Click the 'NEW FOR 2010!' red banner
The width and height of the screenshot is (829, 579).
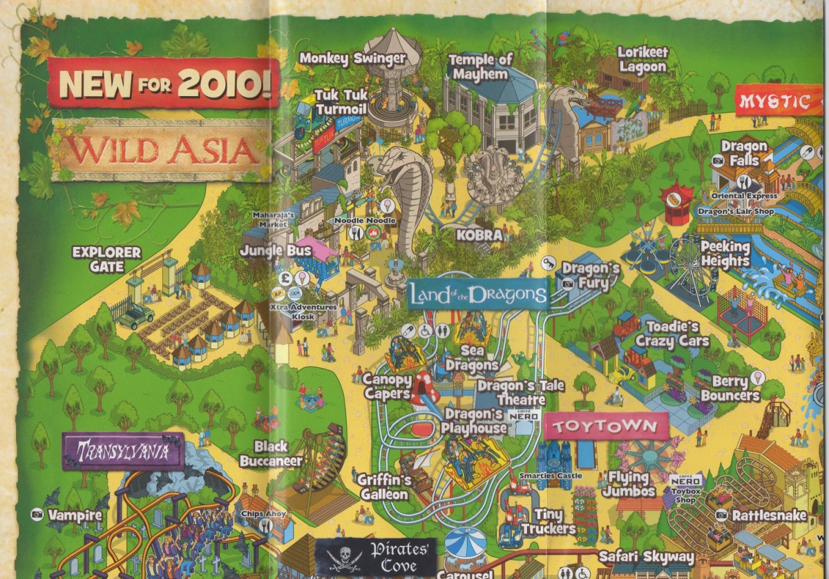point(164,81)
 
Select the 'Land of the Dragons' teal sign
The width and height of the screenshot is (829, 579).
point(477,295)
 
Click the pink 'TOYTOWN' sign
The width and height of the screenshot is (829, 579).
point(606,426)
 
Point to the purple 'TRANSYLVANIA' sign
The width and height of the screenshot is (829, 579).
point(123,451)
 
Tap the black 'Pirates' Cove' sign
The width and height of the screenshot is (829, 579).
point(376,556)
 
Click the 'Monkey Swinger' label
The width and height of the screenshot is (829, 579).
point(352,59)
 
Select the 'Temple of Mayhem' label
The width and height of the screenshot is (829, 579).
point(481,67)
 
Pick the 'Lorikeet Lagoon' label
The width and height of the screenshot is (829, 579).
point(642,60)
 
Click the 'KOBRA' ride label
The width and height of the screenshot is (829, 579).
point(479,235)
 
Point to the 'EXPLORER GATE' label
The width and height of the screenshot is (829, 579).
point(106,259)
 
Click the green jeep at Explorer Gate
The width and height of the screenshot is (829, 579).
point(135,317)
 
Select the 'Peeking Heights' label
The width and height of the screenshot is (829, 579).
point(725,254)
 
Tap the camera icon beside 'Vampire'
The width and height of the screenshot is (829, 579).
point(37,514)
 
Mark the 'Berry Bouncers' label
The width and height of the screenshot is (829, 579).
point(730,389)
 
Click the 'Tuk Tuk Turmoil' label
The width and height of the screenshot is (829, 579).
point(342,101)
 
